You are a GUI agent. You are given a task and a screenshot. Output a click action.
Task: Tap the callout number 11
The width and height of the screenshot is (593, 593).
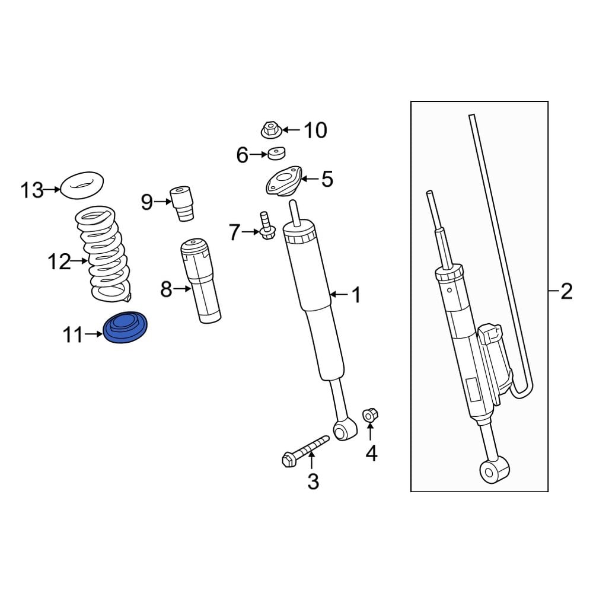[73, 335]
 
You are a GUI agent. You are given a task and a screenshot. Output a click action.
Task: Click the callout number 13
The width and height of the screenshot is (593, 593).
[32, 190]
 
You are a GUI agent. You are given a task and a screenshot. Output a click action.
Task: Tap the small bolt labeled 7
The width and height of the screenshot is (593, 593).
[265, 225]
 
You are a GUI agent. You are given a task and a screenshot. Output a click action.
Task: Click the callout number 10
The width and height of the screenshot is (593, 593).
[315, 130]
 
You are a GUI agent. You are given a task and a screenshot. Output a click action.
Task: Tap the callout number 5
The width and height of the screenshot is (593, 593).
[327, 179]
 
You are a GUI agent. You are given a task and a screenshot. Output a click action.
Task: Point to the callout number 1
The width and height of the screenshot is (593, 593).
[356, 295]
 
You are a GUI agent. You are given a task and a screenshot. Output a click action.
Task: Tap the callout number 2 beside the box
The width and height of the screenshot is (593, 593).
[566, 291]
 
